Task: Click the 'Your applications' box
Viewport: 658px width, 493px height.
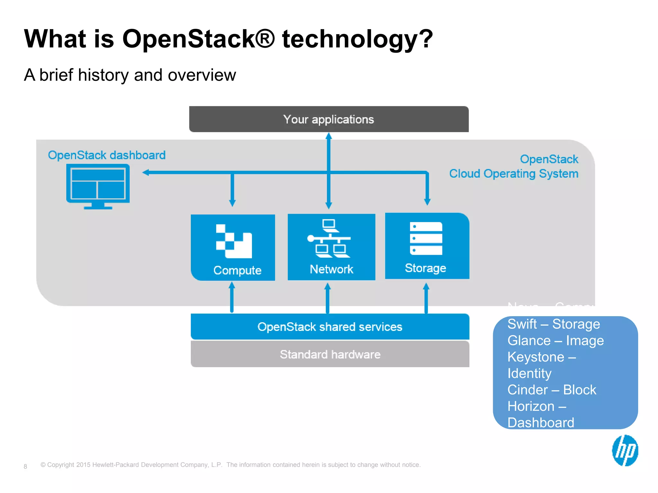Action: pyautogui.click(x=329, y=119)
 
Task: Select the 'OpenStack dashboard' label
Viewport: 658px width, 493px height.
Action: pyautogui.click(x=107, y=155)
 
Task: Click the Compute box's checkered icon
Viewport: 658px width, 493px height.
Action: pyautogui.click(x=234, y=241)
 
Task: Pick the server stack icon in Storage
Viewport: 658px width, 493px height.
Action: pyautogui.click(x=426, y=238)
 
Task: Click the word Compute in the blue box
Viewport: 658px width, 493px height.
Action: pyautogui.click(x=237, y=270)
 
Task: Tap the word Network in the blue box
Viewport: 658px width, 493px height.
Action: pyautogui.click(x=331, y=269)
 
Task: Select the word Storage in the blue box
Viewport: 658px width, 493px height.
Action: pyautogui.click(x=425, y=268)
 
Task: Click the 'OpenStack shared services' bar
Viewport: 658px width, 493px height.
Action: pyautogui.click(x=330, y=327)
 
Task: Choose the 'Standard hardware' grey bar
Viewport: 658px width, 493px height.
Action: pyautogui.click(x=330, y=354)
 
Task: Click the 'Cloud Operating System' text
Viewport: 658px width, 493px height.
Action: pyautogui.click(x=513, y=174)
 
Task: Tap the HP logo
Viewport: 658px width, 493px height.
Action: pyautogui.click(x=625, y=450)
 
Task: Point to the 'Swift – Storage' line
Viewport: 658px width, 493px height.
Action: pyautogui.click(x=553, y=324)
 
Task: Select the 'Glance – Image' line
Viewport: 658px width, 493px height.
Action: pyautogui.click(x=555, y=341)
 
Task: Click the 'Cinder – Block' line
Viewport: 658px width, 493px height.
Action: pyautogui.click(x=551, y=390)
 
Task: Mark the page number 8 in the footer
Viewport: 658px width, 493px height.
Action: pyautogui.click(x=25, y=466)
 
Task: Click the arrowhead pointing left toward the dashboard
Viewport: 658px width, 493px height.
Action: pyautogui.click(x=146, y=173)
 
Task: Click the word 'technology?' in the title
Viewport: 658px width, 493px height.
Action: pyautogui.click(x=357, y=39)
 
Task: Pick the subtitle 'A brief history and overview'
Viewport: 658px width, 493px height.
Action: pyautogui.click(x=130, y=75)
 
